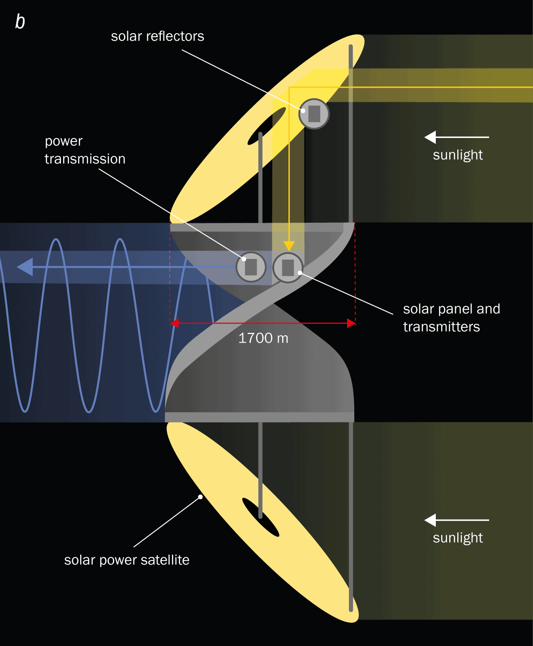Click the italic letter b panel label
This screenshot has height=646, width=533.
click(x=20, y=22)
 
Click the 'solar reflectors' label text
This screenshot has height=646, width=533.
click(x=158, y=36)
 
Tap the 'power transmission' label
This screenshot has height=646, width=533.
click(x=85, y=150)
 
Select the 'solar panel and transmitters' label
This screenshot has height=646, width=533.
click(x=451, y=318)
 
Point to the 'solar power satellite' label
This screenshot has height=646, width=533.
click(x=126, y=560)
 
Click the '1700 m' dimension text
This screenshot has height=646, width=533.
click(x=263, y=338)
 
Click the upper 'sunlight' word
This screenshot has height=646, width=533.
click(x=457, y=155)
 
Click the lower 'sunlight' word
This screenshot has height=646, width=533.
click(x=457, y=538)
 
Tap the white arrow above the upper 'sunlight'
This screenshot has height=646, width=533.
click(x=456, y=137)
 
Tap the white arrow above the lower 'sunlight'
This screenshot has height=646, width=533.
click(x=456, y=520)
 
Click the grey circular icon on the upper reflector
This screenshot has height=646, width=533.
click(x=314, y=113)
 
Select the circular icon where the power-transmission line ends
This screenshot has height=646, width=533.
click(x=251, y=267)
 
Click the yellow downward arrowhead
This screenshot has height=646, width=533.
click(x=289, y=246)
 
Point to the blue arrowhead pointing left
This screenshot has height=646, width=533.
click(x=25, y=267)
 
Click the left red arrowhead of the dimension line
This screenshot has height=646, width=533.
click(x=175, y=323)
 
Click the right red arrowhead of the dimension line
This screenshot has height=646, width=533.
click(x=351, y=323)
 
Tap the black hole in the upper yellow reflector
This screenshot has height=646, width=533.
click(x=266, y=125)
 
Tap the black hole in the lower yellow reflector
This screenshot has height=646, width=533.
click(x=261, y=517)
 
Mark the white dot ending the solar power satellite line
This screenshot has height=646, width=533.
click(x=201, y=497)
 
